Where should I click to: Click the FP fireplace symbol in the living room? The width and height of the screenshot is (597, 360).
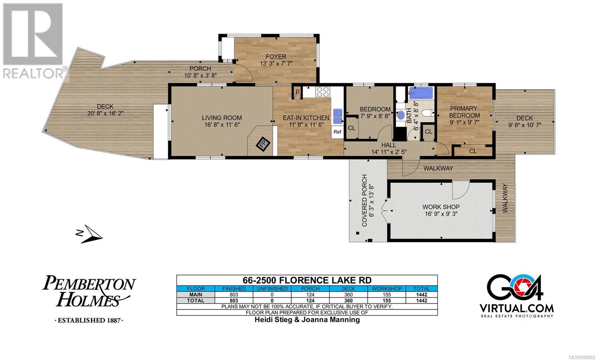[263, 144]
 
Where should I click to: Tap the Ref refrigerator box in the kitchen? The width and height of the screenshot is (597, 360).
[337, 132]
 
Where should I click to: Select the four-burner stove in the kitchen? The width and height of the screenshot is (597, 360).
[323, 92]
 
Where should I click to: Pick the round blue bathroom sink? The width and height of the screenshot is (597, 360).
[401, 115]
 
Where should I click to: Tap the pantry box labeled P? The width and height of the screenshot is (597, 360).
[297, 92]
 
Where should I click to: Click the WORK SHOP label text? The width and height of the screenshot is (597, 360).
[441, 207]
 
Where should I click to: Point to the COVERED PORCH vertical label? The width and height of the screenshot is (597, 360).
[364, 200]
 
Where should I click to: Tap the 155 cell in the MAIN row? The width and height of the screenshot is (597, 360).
[387, 295]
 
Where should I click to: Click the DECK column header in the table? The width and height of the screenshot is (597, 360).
[348, 289]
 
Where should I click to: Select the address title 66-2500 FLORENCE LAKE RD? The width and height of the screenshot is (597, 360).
[307, 280]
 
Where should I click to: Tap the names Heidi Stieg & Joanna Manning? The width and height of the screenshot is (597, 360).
[307, 320]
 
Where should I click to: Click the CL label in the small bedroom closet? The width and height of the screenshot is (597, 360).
[351, 128]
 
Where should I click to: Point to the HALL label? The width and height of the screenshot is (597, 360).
[388, 145]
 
